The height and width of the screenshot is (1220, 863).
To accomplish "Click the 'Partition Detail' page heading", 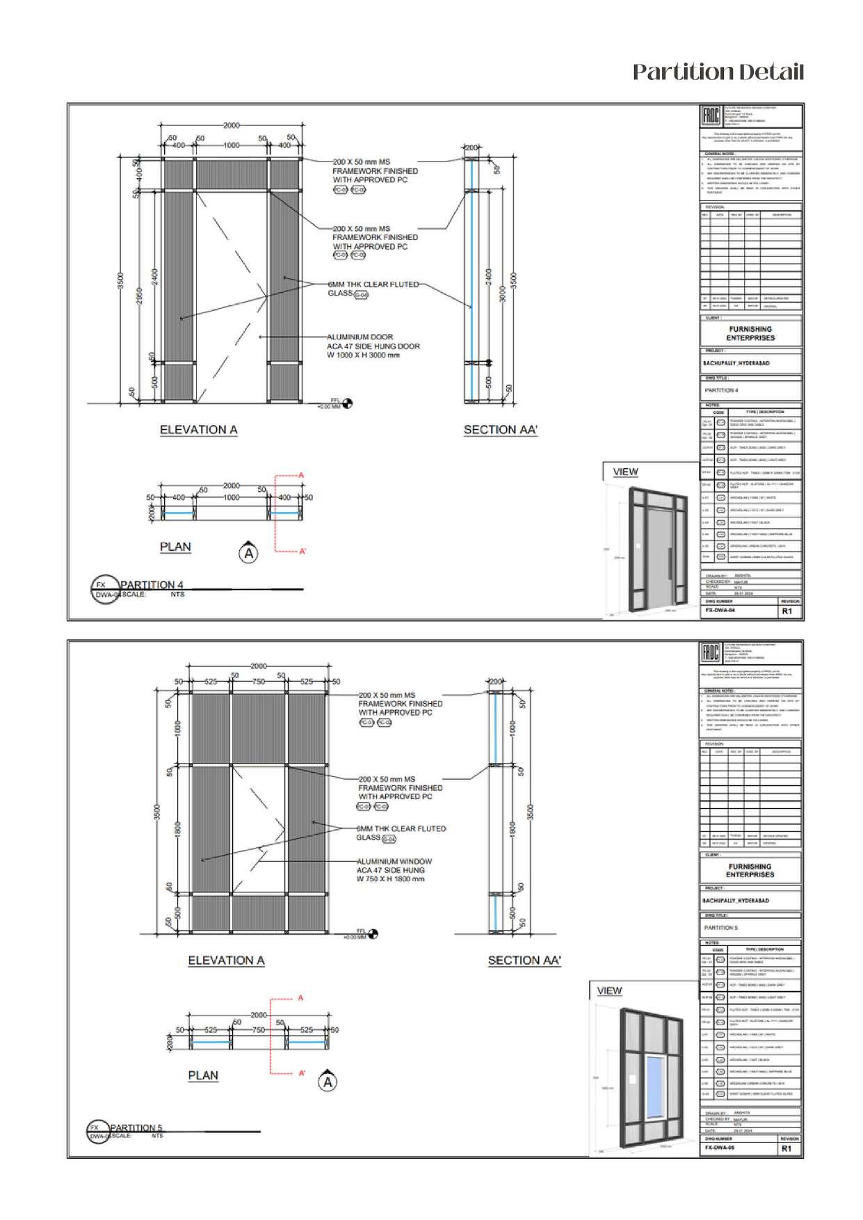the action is (x=718, y=72).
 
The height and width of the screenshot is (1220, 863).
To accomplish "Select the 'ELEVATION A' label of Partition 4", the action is (x=198, y=430).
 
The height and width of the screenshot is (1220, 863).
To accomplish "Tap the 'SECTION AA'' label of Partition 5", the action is (x=524, y=961).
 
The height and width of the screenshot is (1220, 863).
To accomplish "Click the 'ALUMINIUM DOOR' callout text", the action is (x=360, y=337).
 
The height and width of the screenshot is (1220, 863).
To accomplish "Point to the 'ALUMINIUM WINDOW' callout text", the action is (x=394, y=861).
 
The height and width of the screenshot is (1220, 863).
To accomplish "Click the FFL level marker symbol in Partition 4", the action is (x=348, y=403).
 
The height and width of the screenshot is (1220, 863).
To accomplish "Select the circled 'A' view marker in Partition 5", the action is (x=328, y=1082).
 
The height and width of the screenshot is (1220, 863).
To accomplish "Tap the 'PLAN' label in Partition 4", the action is (x=175, y=547).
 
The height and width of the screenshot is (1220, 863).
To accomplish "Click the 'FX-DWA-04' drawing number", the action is (x=720, y=610).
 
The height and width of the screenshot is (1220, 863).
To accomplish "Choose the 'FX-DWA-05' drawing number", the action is (x=720, y=1148).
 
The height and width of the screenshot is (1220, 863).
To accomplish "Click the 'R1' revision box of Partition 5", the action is (x=787, y=1148).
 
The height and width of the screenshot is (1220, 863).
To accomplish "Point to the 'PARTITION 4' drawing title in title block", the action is (x=721, y=390).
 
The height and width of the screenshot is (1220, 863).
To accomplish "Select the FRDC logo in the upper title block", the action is (x=711, y=115).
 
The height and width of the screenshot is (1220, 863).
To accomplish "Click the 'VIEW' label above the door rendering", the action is (x=625, y=472).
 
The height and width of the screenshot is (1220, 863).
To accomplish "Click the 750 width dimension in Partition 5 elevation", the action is (x=258, y=682).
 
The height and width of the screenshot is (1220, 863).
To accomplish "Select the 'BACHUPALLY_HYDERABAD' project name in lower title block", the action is (x=736, y=901).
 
